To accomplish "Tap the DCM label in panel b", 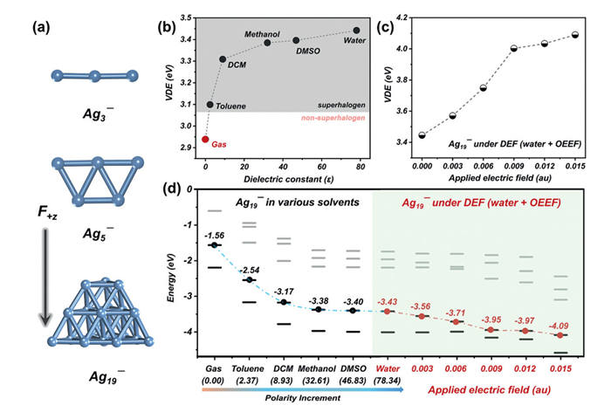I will click(x=237, y=64).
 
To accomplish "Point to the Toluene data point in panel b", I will click(x=210, y=105).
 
